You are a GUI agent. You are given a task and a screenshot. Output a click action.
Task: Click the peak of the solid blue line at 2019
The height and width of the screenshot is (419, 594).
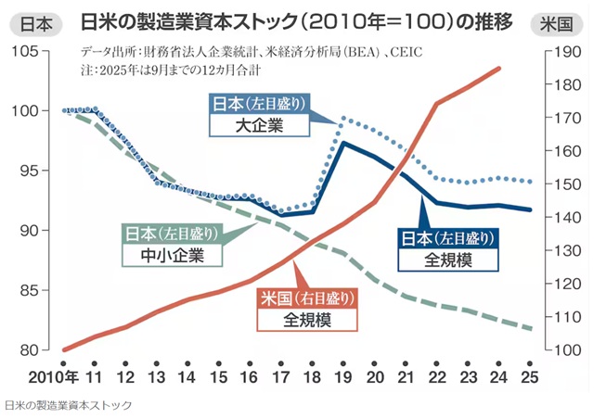coord(344,142)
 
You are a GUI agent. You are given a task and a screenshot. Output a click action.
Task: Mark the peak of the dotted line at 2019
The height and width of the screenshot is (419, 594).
coord(344,118)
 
